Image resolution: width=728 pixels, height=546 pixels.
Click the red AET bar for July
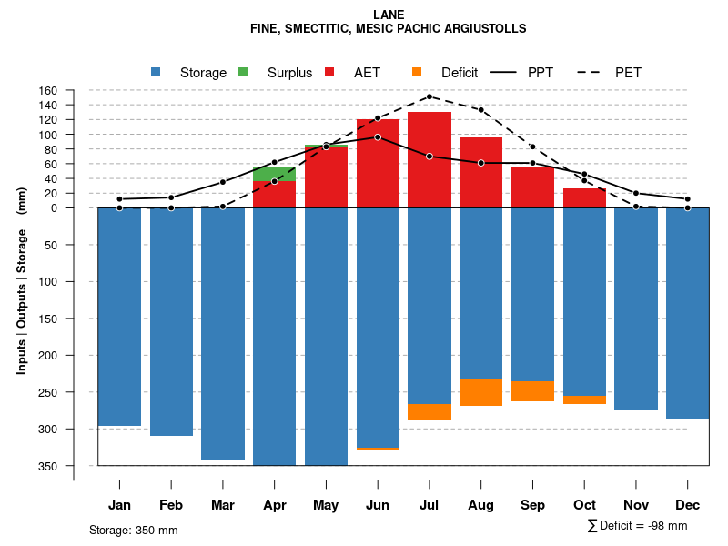coord(430,160)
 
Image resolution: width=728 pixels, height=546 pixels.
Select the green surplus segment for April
coord(274,174)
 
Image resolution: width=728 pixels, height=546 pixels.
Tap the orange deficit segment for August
coord(481,392)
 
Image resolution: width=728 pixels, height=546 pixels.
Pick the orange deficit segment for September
coord(533,391)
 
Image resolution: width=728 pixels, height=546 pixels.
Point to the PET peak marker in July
coord(430,96)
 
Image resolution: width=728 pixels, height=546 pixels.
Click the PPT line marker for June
coord(378,137)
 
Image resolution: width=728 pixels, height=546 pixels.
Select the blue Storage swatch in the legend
coord(157,73)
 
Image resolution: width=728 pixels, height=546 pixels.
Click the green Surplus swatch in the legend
coord(243,73)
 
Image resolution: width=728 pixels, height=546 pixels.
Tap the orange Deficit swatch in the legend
coord(417,73)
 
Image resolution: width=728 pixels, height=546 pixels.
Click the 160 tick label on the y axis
coord(48,91)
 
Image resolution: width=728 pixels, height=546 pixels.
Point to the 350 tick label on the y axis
coord(48,466)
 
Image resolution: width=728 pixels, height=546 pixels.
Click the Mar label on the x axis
coord(223,505)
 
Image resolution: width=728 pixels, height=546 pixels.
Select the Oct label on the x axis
coord(585,505)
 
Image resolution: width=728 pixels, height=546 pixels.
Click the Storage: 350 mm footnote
coord(134,530)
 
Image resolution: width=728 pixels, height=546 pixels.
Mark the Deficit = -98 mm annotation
coord(638,526)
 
